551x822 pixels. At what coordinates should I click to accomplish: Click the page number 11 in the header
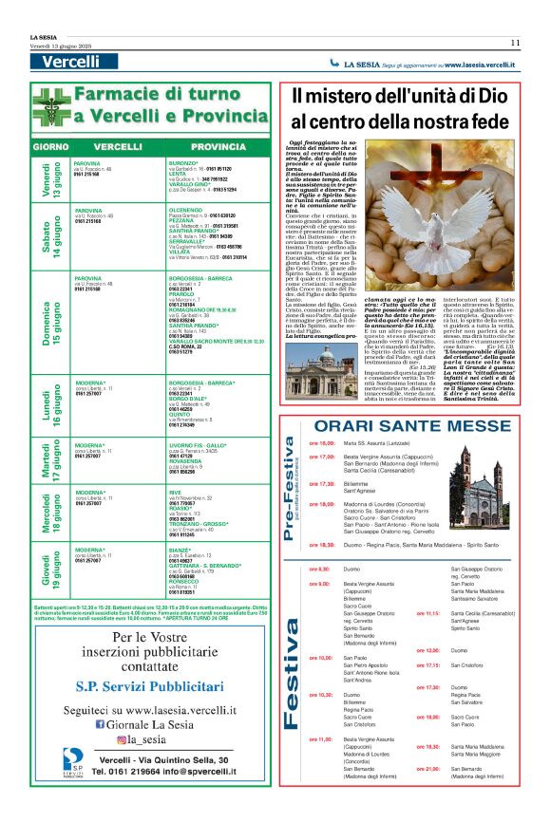[x=514, y=42]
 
